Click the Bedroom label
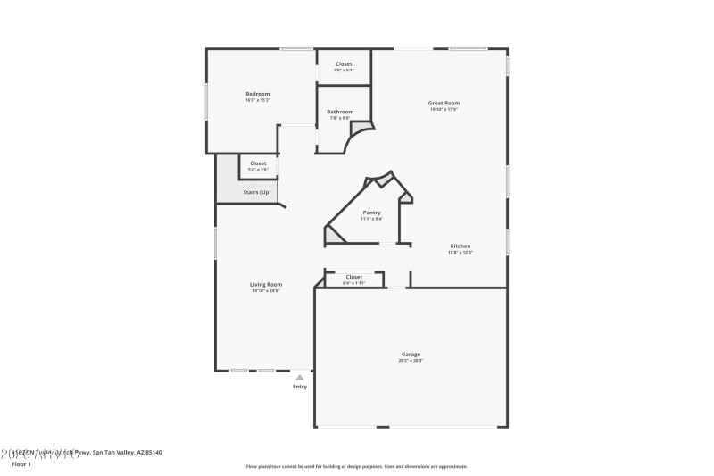tap(258, 94)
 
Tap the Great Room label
tap(444, 103)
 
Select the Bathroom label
tap(340, 112)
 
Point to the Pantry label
tap(372, 213)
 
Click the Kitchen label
tap(460, 246)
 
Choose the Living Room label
tap(266, 285)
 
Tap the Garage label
tap(411, 354)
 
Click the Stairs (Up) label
tap(257, 192)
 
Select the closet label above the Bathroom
tap(344, 64)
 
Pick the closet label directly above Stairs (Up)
tap(258, 163)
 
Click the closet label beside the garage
tap(354, 277)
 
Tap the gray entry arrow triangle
tap(300, 378)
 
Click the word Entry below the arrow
tap(300, 387)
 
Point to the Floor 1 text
tap(21, 464)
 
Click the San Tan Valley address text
tap(98, 453)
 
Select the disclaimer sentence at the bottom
tap(356, 466)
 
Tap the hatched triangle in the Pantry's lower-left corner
tap(332, 237)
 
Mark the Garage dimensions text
tap(411, 360)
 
